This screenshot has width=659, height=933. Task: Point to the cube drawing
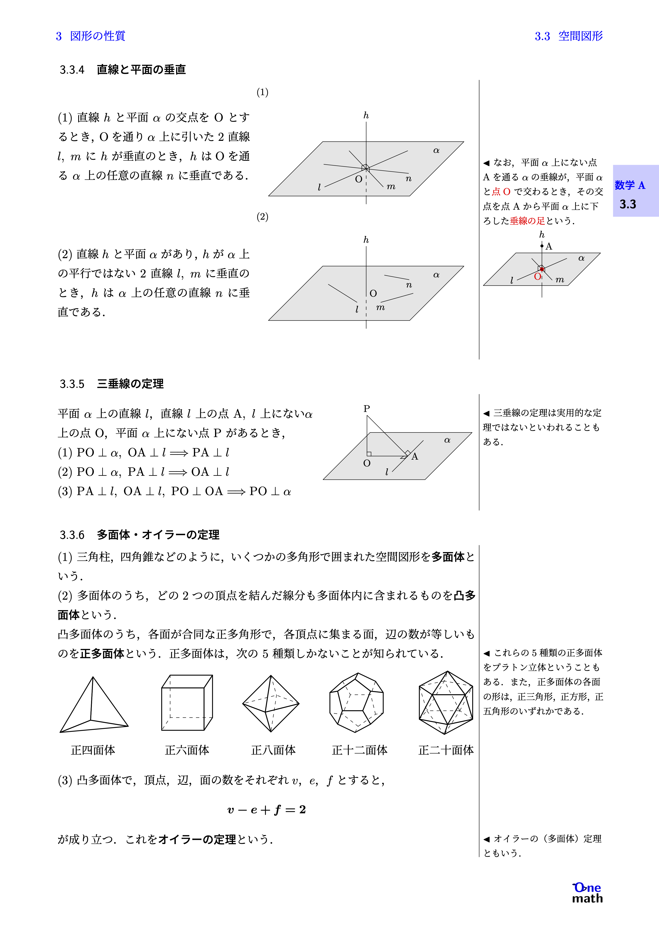click(187, 703)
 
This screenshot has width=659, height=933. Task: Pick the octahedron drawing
click(271, 704)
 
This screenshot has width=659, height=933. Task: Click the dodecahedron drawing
click(356, 703)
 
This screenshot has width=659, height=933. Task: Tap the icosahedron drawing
click(446, 703)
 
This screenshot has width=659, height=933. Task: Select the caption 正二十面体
click(446, 750)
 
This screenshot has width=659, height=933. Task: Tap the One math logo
click(587, 893)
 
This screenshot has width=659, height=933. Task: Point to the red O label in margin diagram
click(537, 277)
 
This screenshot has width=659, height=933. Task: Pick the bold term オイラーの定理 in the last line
click(197, 839)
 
